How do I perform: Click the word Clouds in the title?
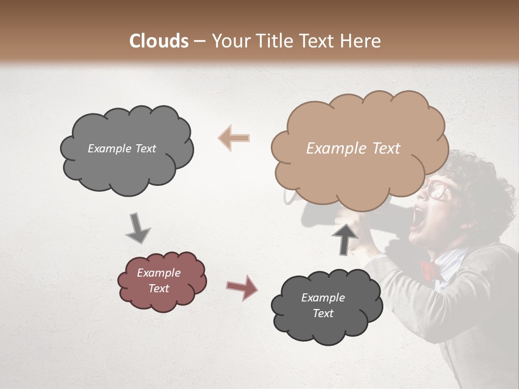coord(159,41)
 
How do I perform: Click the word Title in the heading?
coord(277,41)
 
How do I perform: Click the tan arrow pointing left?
coord(234,138)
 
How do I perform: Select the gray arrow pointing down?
coord(138,228)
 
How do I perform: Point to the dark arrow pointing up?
coord(344,238)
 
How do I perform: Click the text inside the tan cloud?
coord(353,149)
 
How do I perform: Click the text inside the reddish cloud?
coord(158,280)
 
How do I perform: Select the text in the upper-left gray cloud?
coord(122,149)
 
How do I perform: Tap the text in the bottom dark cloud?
coord(323,305)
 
